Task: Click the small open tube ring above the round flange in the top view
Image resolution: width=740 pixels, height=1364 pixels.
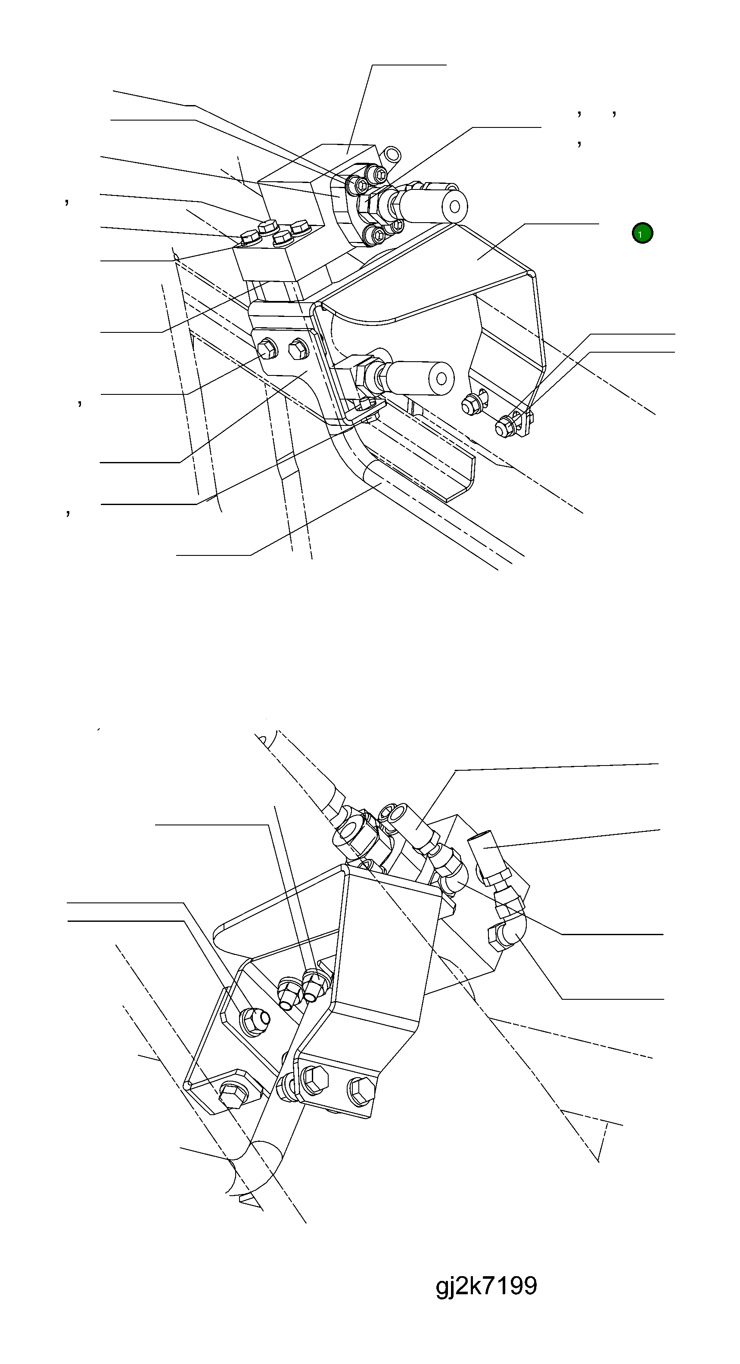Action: tap(393, 155)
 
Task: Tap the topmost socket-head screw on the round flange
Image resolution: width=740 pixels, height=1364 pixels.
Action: tap(379, 173)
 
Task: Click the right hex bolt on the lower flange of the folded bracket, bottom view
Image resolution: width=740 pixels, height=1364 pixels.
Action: tap(361, 1091)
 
